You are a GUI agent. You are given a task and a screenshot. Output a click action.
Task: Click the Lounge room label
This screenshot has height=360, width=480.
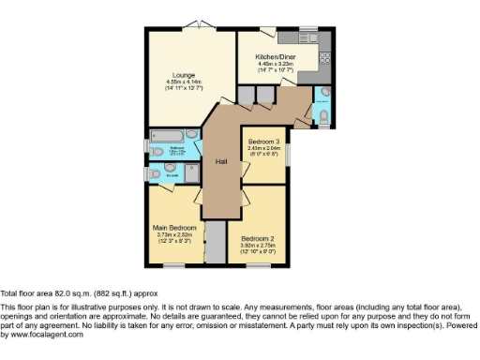click(183, 74)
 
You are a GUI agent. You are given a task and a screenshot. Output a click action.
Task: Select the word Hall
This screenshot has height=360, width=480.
click(221, 162)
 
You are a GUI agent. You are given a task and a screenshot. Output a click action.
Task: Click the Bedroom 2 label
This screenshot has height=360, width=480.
click(256, 238)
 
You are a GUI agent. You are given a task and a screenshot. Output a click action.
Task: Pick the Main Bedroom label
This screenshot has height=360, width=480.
click(175, 228)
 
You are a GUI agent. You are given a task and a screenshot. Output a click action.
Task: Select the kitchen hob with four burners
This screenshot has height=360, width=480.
click(330, 57)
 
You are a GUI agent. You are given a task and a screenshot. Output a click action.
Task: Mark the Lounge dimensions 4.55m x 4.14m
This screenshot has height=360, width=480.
click(183, 82)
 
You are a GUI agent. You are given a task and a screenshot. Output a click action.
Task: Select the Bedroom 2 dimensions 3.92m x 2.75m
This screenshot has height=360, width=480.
click(256, 246)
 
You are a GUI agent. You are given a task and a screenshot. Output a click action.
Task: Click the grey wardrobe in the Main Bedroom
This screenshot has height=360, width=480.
click(215, 243)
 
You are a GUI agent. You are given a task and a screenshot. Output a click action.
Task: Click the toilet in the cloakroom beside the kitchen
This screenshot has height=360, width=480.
click(323, 115)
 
